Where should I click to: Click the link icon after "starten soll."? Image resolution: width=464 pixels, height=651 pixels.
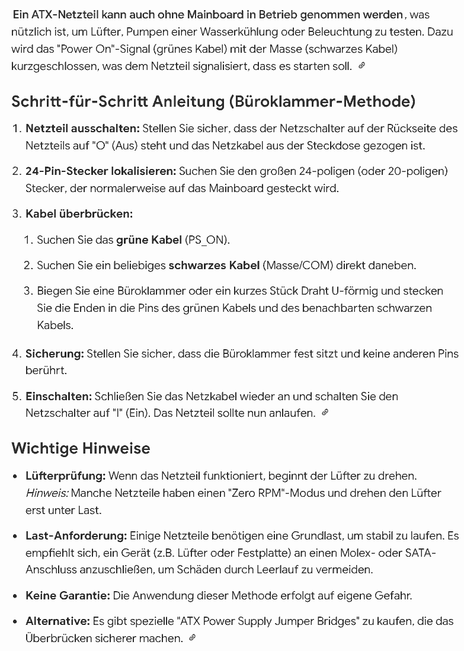pos(362,66)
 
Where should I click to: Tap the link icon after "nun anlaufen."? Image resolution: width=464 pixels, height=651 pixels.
pos(325,413)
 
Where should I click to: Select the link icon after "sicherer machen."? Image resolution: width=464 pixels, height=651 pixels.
pos(192,638)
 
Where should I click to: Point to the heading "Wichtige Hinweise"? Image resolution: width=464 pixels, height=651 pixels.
pos(81,448)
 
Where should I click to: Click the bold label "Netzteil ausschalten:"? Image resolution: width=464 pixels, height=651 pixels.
pos(82,128)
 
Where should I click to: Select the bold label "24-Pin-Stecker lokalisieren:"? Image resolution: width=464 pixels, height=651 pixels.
pos(101,171)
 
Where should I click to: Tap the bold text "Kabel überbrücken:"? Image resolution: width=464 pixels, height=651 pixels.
pos(79,213)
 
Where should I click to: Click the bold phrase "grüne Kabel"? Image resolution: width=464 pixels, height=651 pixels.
pos(149,240)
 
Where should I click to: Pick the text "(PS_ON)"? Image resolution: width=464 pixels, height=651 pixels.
pos(207,240)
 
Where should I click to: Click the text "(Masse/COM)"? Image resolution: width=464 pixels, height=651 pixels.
pos(292,266)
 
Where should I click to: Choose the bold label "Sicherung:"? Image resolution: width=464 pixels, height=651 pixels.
pos(55,354)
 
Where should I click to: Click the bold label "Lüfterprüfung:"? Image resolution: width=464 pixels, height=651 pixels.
pos(66,476)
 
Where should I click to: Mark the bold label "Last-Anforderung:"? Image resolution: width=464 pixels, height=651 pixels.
pos(76,536)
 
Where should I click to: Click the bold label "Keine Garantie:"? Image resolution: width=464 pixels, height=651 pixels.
pos(68,595)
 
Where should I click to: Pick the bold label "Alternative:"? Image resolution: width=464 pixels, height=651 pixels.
pos(57,621)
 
